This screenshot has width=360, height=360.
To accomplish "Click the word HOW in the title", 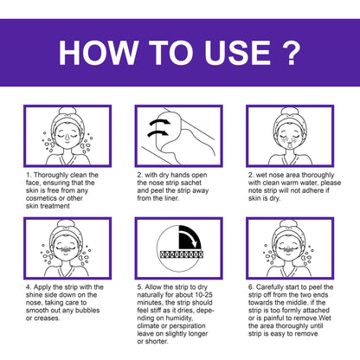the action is (98, 53).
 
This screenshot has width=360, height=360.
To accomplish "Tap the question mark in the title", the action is (291, 52).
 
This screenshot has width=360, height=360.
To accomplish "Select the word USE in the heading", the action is (237, 53).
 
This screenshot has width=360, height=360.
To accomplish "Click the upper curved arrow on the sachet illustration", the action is (159, 122).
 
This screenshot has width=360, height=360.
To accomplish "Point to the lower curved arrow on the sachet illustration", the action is (157, 133).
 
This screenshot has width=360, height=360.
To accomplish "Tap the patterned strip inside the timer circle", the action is (182, 254).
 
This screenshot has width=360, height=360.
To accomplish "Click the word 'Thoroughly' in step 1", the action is (52, 175).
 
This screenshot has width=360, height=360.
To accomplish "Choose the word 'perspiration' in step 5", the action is (188, 326).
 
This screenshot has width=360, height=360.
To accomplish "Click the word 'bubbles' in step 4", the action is (87, 311).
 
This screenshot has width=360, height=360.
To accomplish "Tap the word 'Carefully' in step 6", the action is (269, 287).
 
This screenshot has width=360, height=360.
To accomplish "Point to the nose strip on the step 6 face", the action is (287, 248).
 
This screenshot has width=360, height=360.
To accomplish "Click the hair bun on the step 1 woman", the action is (67, 111).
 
